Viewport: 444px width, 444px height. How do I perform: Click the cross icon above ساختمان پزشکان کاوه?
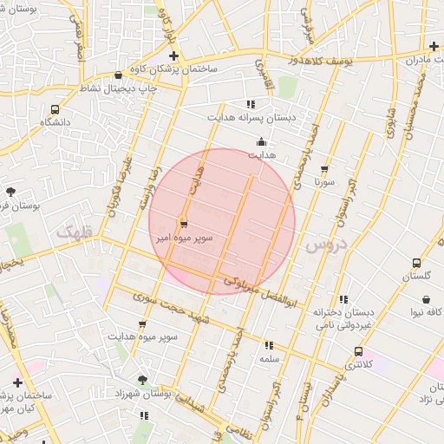pyautogui.click(x=174, y=56)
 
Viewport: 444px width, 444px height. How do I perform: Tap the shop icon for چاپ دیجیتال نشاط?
pyautogui.click(x=118, y=75)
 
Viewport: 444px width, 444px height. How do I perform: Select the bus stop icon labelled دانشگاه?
pyautogui.click(x=55, y=110)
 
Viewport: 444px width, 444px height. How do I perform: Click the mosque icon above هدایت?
pyautogui.click(x=262, y=141)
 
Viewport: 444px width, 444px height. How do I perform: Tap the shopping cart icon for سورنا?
pyautogui.click(x=324, y=170)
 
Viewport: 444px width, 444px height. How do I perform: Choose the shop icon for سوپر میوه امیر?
pyautogui.click(x=183, y=222)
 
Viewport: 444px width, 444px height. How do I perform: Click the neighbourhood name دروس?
pyautogui.click(x=325, y=246)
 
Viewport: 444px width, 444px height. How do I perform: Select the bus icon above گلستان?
pyautogui.click(x=416, y=263)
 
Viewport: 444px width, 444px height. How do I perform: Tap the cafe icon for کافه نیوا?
pyautogui.click(x=426, y=299)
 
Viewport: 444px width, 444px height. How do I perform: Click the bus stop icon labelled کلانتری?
pyautogui.click(x=358, y=351)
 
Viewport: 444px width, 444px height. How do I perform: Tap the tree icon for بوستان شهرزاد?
pyautogui.click(x=142, y=380)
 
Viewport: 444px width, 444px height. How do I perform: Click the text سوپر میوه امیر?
pyautogui.click(x=183, y=236)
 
